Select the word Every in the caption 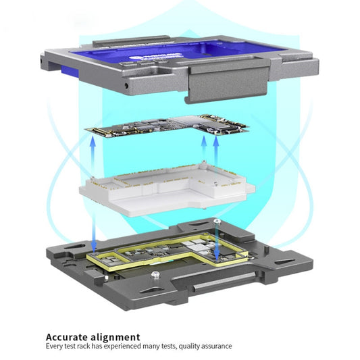54,346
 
